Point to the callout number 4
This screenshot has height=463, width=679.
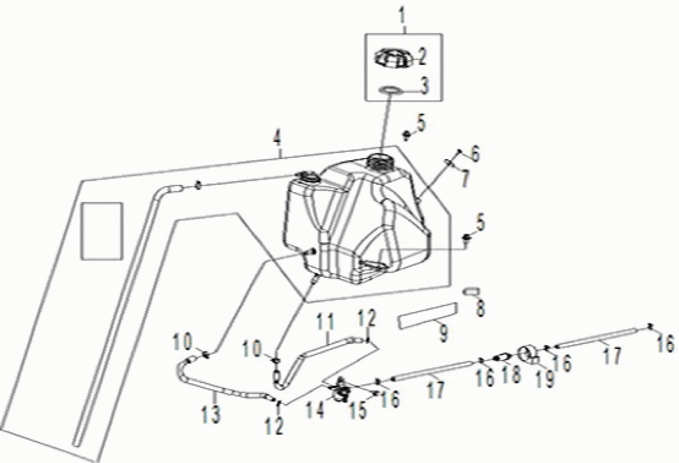click(277, 139)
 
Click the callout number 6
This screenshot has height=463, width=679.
click(475, 154)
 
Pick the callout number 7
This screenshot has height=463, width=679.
click(464, 178)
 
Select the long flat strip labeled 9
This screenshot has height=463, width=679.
click(427, 317)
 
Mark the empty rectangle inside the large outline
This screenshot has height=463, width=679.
click(102, 231)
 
